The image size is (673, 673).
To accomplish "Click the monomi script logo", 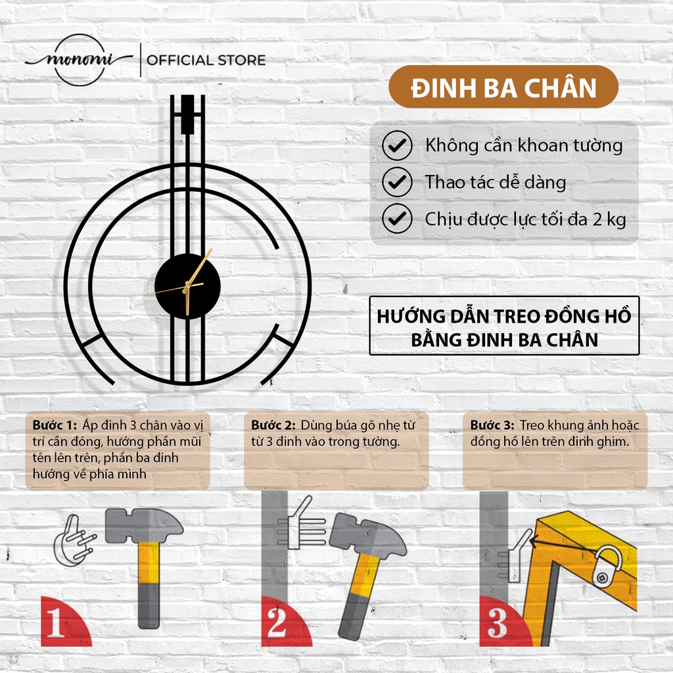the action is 80,60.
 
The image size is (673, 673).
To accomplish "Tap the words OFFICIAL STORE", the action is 206,60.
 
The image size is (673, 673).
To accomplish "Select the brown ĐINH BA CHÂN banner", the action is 503,87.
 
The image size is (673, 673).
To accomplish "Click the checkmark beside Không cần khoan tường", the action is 397,145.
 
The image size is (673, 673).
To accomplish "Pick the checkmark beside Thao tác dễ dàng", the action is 397,182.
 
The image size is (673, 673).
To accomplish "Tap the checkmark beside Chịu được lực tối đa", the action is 397,218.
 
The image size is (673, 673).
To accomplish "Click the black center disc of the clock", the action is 187,287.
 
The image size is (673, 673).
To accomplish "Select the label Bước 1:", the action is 55,425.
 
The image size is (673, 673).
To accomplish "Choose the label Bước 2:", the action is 273,425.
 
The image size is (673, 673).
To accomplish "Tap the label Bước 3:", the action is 492,425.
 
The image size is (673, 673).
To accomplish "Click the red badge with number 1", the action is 64,622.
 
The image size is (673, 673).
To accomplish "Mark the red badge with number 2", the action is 285,622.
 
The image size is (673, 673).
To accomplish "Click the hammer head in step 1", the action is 144,525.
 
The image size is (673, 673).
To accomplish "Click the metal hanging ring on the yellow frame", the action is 607,565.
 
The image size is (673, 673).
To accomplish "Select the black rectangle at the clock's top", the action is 187,114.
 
